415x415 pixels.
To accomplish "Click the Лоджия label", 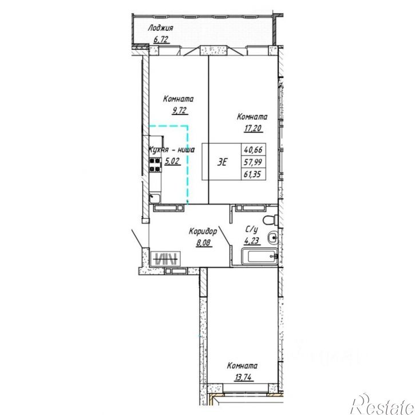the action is (160, 28).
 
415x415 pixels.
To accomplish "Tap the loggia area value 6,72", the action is (161, 39).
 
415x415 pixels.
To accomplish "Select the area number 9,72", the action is (180, 110).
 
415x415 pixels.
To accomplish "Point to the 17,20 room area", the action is (253, 128).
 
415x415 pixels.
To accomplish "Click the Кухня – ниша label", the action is (172, 150).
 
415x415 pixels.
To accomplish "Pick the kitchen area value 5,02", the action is (172, 161).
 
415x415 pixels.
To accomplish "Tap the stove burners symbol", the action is (155, 165).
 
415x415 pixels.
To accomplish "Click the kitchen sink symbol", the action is (155, 198).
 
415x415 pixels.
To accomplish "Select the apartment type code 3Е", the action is (222, 162).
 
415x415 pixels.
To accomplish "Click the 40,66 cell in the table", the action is (253, 150).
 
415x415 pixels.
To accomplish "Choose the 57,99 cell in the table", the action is (253, 162).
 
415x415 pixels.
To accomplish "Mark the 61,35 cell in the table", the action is (253, 174).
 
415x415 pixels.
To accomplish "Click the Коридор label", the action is (203, 231).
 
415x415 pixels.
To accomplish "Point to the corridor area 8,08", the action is (204, 243).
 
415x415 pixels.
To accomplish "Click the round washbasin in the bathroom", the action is (272, 238).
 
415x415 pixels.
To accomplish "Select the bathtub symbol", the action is (260, 256).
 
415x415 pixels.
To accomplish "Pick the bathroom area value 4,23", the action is (252, 241).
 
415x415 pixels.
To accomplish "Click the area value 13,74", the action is (243, 377).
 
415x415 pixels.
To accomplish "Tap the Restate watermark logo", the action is (382, 405).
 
